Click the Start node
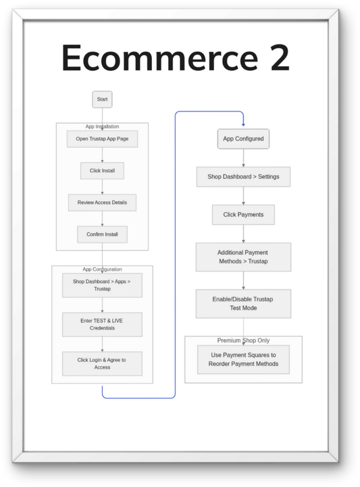[x=102, y=99]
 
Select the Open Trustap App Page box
[x=102, y=139]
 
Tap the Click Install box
[x=102, y=171]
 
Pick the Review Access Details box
[x=102, y=203]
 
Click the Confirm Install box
[x=102, y=234]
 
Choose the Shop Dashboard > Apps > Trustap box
[x=102, y=285]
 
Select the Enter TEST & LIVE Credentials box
[x=102, y=324]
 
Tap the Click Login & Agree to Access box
[x=102, y=363]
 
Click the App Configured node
[x=243, y=140]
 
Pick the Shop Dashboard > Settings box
[x=243, y=177]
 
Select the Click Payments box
[x=243, y=215]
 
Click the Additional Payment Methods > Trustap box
[x=243, y=257]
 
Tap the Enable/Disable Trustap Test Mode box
[x=243, y=303]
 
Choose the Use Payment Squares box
[x=243, y=359]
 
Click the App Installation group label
[x=102, y=126]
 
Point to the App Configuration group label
[x=102, y=269]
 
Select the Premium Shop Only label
[x=243, y=340]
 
